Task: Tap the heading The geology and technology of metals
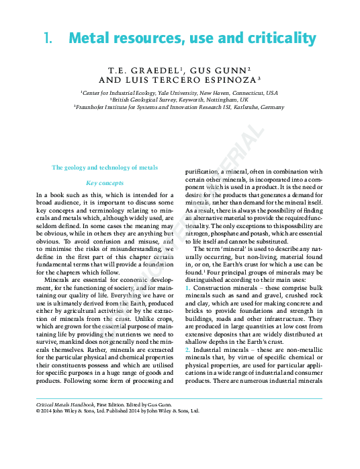coord(105,167)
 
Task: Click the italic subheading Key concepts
coord(105,182)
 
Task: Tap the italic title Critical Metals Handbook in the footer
coord(67,403)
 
